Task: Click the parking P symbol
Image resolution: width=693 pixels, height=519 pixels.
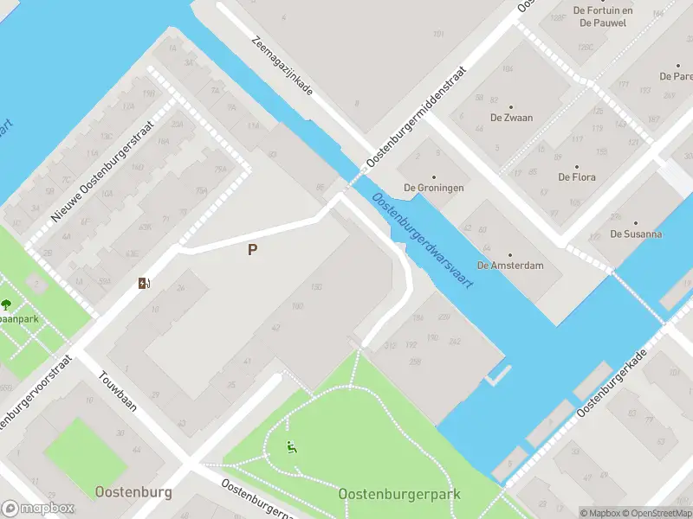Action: coord(252,250)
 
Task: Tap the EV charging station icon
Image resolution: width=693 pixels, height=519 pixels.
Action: coord(143,283)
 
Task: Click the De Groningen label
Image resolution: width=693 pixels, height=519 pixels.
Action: coord(433,188)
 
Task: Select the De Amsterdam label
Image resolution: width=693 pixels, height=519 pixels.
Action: coord(510,266)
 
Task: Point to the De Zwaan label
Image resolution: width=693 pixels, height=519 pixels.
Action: coord(511,118)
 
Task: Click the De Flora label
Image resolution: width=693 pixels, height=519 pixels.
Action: coord(576,177)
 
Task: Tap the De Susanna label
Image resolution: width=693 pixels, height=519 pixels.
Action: coord(636,234)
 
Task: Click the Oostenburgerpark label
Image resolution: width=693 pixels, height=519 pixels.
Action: coord(399,494)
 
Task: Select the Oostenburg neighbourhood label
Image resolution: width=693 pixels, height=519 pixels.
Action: coord(133,492)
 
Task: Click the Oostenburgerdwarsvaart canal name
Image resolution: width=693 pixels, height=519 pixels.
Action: coord(423,240)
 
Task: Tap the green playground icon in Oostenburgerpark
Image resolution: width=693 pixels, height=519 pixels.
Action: coord(293,447)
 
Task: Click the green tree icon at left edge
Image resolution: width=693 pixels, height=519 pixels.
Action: coord(6,304)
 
